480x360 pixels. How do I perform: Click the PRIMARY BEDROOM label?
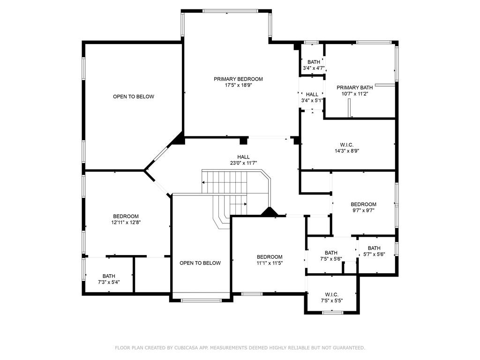pyautogui.click(x=238, y=79)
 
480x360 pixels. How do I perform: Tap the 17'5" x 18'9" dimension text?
pyautogui.click(x=238, y=85)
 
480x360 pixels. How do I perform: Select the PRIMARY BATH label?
pyautogui.click(x=355, y=88)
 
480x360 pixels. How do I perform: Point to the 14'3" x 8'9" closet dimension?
pyautogui.click(x=347, y=150)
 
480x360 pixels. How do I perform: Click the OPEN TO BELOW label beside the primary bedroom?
pyautogui.click(x=134, y=97)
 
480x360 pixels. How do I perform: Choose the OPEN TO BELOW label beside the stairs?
pyautogui.click(x=200, y=263)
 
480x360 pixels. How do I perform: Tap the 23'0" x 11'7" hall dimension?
pyautogui.click(x=243, y=163)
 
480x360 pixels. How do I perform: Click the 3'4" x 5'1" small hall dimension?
pyautogui.click(x=312, y=100)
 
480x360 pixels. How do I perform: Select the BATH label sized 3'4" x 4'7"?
pyautogui.click(x=314, y=62)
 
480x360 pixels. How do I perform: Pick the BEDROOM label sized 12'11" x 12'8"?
pyautogui.click(x=126, y=217)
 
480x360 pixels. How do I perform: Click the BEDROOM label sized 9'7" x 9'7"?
pyautogui.click(x=363, y=204)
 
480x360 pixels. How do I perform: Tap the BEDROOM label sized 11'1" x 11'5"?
pyautogui.click(x=270, y=257)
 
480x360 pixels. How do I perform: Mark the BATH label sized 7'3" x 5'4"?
pyautogui.click(x=109, y=276)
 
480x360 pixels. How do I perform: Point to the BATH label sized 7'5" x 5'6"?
pyautogui.click(x=331, y=253)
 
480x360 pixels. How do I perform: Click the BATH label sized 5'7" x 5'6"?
pyautogui.click(x=374, y=248)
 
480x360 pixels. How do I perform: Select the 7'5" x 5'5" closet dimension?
pyautogui.click(x=332, y=300)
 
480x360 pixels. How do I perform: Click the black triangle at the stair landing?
pyautogui.click(x=269, y=212)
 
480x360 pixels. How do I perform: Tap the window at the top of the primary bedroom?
pyautogui.click(x=231, y=11)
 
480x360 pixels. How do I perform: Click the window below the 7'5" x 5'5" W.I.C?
pyautogui.click(x=333, y=313)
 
